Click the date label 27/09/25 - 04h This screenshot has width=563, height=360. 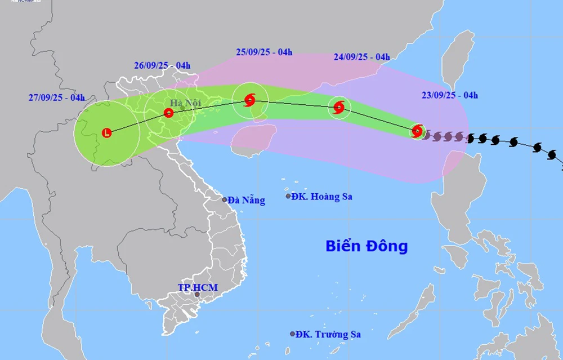57,97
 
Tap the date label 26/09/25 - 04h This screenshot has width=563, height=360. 162,65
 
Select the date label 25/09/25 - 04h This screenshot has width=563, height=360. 264,52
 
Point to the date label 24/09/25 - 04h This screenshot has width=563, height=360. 361,57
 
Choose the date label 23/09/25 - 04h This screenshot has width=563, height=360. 450,95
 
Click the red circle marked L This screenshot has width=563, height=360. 107,133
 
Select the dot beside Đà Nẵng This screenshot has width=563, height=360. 225,199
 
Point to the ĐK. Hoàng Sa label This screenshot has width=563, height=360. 323,197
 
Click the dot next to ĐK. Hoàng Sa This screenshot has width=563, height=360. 288,196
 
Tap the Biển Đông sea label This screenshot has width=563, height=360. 366,246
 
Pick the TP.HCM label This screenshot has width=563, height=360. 198,287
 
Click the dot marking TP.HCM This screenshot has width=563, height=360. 197,295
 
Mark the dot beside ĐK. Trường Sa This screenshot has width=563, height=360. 292,334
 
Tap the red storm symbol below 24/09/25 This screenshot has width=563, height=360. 339,107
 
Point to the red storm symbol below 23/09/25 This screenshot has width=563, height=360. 417,131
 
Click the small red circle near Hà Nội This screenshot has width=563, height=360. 168,113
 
